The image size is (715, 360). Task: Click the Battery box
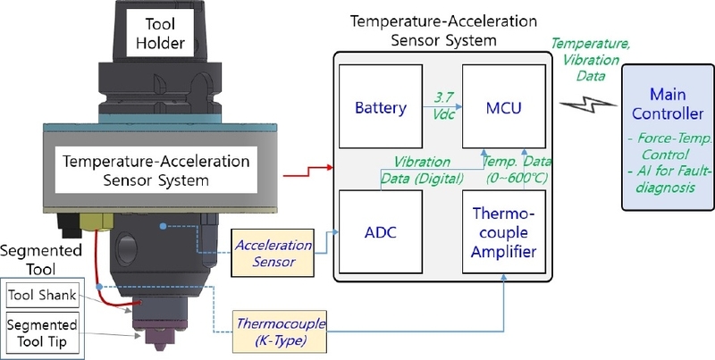pyautogui.click(x=381, y=106)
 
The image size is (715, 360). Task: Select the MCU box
pyautogui.click(x=504, y=106)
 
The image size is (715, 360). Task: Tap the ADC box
pyautogui.click(x=381, y=232)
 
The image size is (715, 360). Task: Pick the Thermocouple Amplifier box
pyautogui.click(x=504, y=232)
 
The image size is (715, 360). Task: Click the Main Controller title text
pyautogui.click(x=668, y=104)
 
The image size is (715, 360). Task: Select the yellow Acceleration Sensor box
pyautogui.click(x=273, y=253)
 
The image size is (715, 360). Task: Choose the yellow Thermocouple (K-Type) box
pyautogui.click(x=280, y=331)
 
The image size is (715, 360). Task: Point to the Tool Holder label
pyautogui.click(x=160, y=33)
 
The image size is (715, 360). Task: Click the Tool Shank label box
pyautogui.click(x=42, y=296)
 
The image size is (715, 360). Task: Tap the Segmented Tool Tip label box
pyautogui.click(x=42, y=333)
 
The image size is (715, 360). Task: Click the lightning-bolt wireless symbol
pyautogui.click(x=588, y=105)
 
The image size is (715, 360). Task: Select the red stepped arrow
pyautogui.click(x=308, y=171)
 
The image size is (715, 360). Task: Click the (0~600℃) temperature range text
pyautogui.click(x=517, y=178)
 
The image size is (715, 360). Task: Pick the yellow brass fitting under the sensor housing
pyautogui.click(x=96, y=222)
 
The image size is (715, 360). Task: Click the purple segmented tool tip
pyautogui.click(x=159, y=336)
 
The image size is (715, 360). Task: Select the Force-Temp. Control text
pyautogui.click(x=669, y=147)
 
